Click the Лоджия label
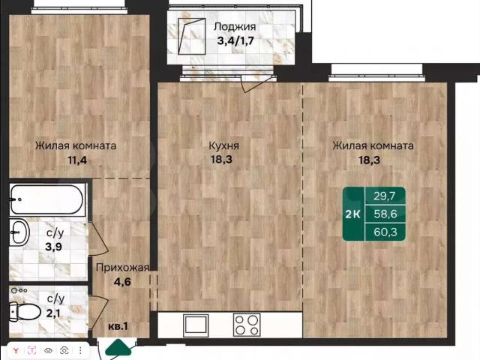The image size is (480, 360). [x=235, y=27]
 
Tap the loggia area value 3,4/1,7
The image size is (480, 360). [x=235, y=40]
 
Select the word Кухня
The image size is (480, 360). [x=223, y=145]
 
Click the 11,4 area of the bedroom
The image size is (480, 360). [x=77, y=160]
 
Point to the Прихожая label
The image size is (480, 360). [x=122, y=268]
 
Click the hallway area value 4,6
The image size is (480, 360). [x=122, y=282]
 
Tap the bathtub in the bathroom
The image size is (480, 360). [x=47, y=200]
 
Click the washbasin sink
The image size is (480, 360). [x=19, y=232]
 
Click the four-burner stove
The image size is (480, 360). [x=247, y=324]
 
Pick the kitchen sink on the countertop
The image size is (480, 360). [x=196, y=324]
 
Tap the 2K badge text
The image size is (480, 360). [x=352, y=214]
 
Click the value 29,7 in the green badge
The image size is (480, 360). [x=385, y=196]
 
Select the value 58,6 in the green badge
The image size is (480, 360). [x=385, y=214]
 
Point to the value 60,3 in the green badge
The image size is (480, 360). [x=385, y=232]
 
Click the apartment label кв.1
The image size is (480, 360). [x=118, y=326]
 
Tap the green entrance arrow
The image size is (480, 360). [x=118, y=347]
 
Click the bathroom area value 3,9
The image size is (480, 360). [x=53, y=247]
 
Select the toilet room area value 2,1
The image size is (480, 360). [x=53, y=313]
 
